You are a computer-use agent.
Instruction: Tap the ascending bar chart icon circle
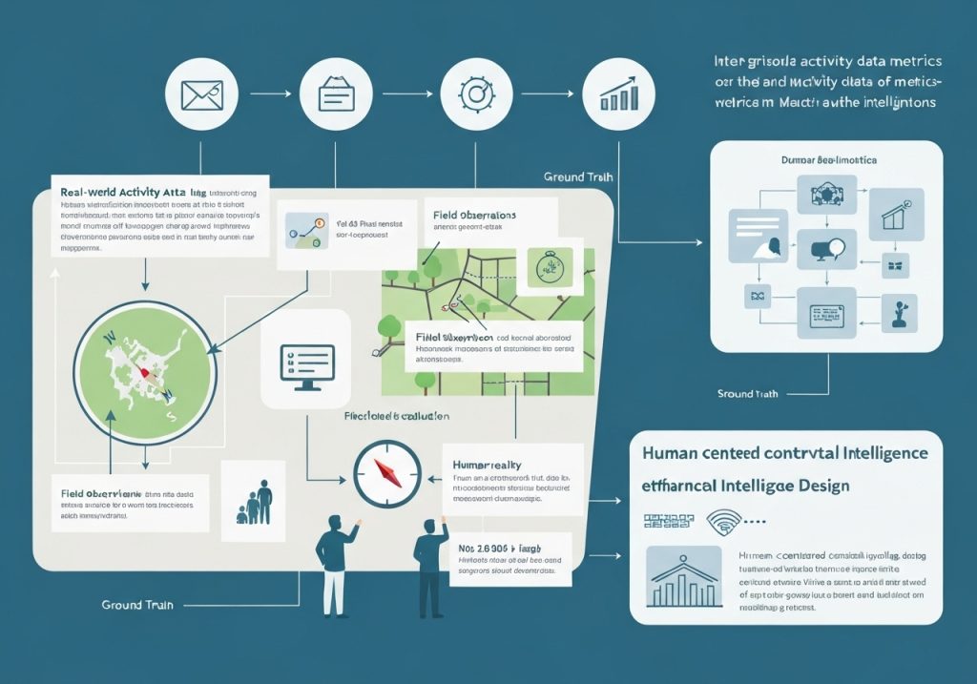coord(619,94)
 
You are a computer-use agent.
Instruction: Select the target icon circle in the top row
coord(473,94)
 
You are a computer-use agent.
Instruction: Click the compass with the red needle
coord(386,472)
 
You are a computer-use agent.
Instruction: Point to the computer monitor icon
coord(306,367)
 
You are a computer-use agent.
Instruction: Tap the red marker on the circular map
coord(144,373)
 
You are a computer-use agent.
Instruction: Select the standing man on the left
coord(334,563)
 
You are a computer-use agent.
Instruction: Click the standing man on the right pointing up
coord(430,563)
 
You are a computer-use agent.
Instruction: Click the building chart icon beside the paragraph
coord(684,577)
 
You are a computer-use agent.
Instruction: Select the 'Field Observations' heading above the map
coord(474,217)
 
